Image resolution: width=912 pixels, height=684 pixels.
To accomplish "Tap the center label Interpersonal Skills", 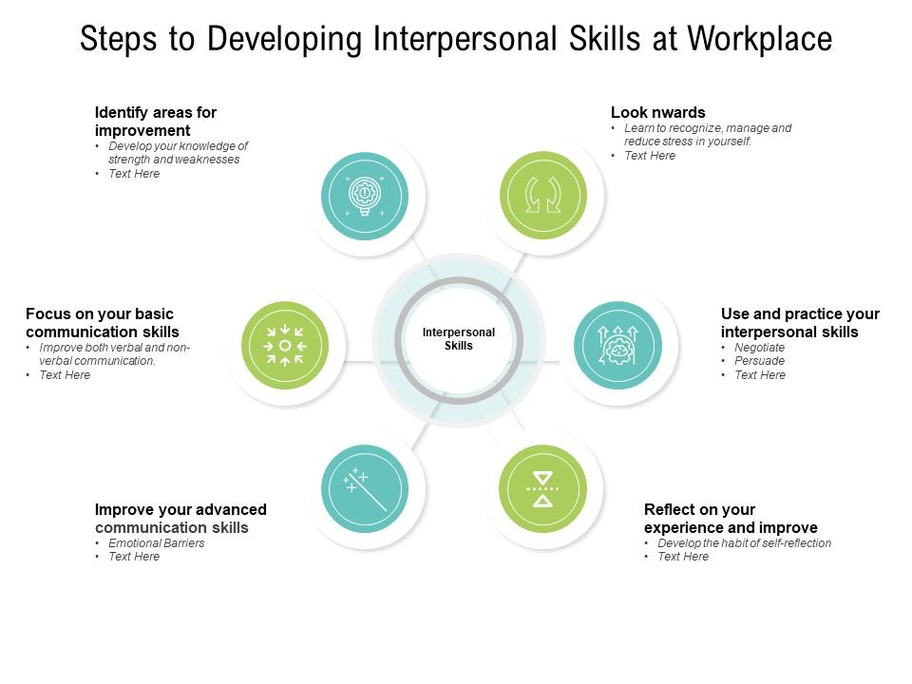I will [x=459, y=339].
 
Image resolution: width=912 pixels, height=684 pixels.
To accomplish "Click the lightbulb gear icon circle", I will [x=365, y=196].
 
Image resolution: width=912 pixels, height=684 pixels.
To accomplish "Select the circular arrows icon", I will [x=543, y=196].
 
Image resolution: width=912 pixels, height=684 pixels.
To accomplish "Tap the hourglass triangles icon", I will [x=543, y=488].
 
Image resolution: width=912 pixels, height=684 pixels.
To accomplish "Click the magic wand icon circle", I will [x=365, y=488].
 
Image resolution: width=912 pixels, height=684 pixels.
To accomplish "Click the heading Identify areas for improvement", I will [x=156, y=121].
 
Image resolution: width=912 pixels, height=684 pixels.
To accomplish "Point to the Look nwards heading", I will [x=658, y=112].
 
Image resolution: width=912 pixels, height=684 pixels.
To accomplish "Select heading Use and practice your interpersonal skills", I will [x=800, y=322].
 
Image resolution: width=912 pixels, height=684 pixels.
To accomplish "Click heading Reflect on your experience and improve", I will [x=731, y=518].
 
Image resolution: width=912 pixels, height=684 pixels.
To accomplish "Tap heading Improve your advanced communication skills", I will [x=180, y=518].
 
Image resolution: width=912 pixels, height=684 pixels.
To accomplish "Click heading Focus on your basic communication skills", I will [x=103, y=322].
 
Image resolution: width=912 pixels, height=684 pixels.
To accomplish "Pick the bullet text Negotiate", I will [x=760, y=348].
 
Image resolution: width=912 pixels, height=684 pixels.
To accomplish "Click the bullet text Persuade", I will [x=760, y=361].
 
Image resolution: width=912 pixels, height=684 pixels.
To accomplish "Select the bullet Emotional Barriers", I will [x=157, y=543].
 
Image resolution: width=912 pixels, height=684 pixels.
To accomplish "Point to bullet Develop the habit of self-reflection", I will [x=745, y=543].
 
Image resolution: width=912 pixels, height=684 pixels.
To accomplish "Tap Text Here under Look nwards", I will [x=650, y=156].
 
